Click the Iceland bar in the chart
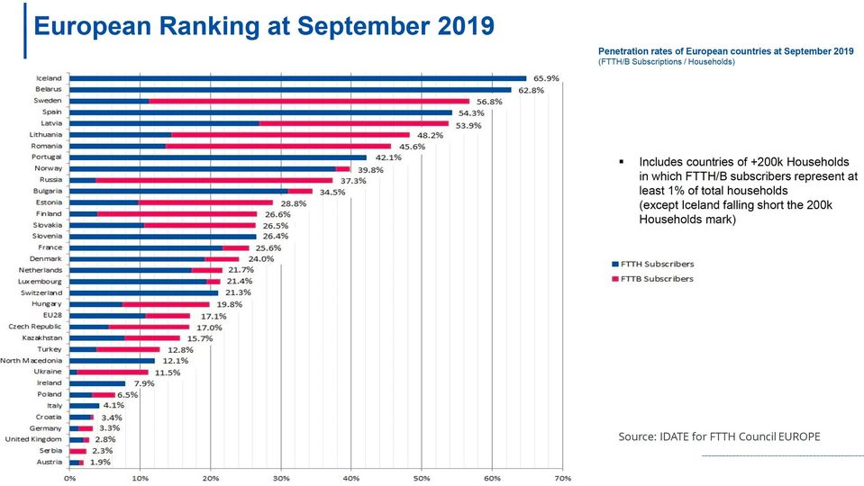(x=297, y=78)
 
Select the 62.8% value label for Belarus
(x=531, y=90)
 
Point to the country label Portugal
(x=47, y=157)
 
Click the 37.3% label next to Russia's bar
(x=352, y=180)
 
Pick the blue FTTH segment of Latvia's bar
(x=164, y=123)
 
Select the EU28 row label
(x=50, y=315)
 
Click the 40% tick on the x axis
(x=351, y=477)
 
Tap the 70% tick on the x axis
(x=562, y=477)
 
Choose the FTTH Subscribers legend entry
(x=652, y=264)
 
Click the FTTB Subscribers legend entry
(x=652, y=278)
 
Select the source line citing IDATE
(x=719, y=436)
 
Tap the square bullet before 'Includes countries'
(x=622, y=161)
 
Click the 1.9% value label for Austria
(x=100, y=463)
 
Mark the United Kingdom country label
(x=34, y=439)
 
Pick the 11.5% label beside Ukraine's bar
(x=168, y=372)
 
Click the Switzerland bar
(x=143, y=292)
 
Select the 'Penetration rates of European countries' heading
(x=725, y=51)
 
